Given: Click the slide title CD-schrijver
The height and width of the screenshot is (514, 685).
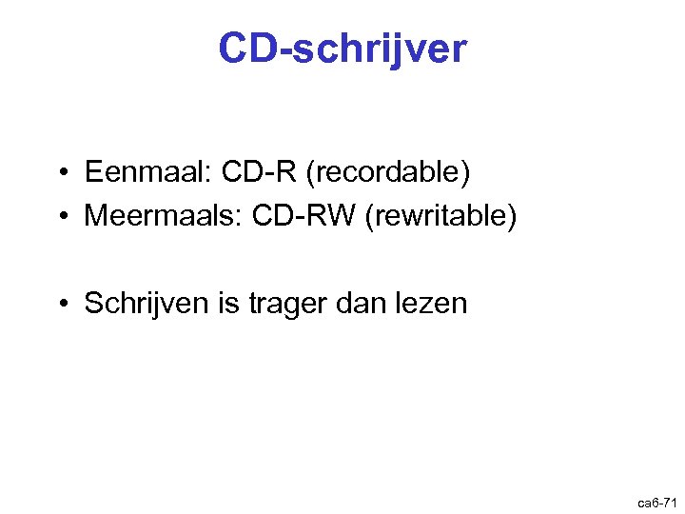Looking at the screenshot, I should click(x=342, y=49).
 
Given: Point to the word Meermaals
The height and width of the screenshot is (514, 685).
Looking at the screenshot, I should click(x=161, y=216).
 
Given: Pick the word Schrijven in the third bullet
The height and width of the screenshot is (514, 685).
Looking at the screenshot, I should click(x=144, y=304).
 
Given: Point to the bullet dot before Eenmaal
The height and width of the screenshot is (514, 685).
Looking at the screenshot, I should click(x=60, y=173).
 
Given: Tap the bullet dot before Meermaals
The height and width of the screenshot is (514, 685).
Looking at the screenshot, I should click(x=60, y=217).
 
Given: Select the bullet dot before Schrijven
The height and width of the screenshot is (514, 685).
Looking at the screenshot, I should click(x=60, y=305).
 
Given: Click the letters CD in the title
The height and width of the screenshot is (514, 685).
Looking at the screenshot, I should click(x=246, y=49).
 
